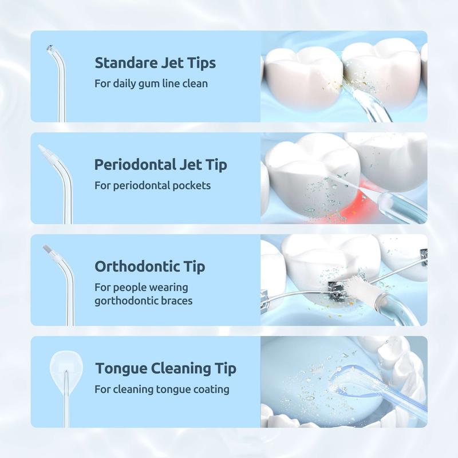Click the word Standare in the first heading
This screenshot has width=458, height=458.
click(123, 62)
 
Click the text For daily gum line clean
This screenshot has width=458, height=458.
click(151, 84)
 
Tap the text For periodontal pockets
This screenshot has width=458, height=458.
click(152, 185)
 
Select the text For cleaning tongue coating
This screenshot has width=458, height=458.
click(162, 389)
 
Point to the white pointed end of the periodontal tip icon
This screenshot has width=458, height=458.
click(44, 150)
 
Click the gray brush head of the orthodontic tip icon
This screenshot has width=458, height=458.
click(48, 250)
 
